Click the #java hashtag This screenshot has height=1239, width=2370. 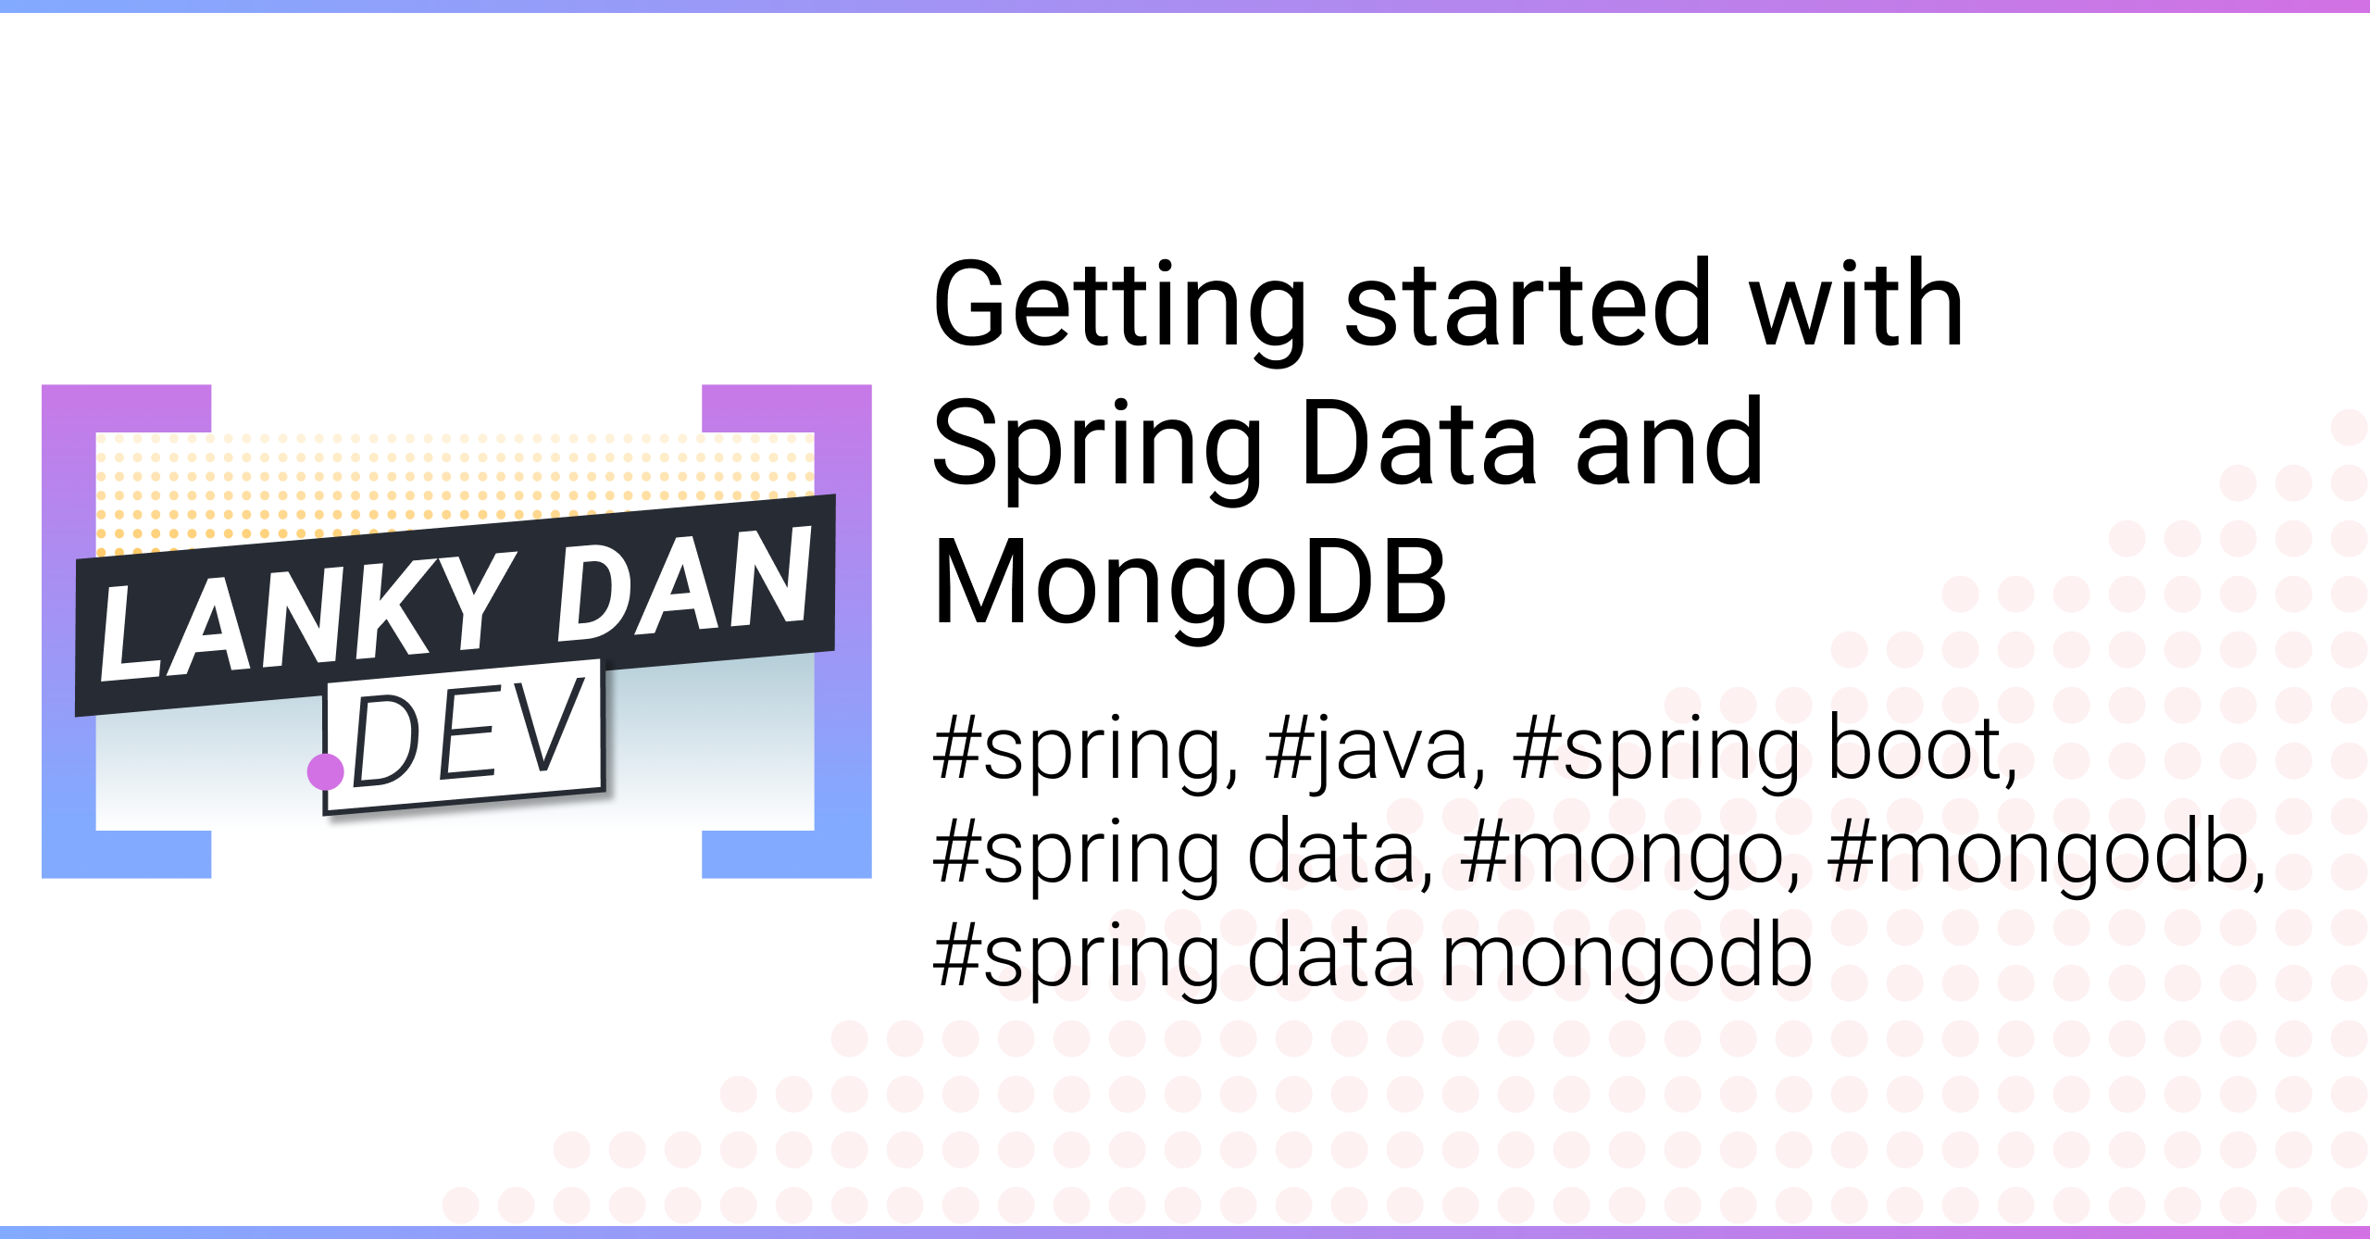tap(1376, 750)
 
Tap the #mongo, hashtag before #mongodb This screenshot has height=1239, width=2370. tap(1630, 856)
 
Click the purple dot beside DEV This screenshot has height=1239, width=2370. tap(326, 771)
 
